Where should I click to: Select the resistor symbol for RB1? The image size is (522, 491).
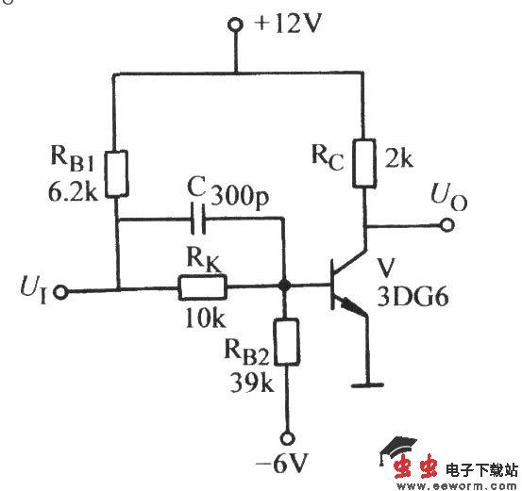pyautogui.click(x=117, y=172)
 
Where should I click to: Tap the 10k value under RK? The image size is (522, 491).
pyautogui.click(x=201, y=318)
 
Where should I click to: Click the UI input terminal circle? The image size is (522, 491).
pyautogui.click(x=63, y=291)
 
